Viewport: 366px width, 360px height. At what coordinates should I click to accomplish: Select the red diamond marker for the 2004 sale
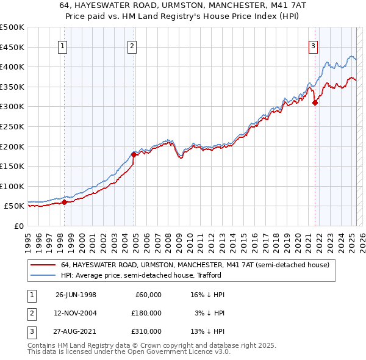134,154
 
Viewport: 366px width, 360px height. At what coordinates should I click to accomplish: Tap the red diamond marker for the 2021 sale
315,103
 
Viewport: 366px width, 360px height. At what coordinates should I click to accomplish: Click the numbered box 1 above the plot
63,45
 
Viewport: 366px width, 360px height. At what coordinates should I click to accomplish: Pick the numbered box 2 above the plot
132,45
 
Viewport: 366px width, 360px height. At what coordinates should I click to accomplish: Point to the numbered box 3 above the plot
313,45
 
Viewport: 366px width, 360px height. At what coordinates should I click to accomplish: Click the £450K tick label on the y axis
12,47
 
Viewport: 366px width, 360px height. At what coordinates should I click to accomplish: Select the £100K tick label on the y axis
12,186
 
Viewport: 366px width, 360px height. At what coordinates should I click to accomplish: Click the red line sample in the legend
43,265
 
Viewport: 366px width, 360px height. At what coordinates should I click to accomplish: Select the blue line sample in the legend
43,275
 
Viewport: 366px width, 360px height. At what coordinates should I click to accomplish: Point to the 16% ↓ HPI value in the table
207,295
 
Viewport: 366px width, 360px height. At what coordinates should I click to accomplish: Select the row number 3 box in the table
30,331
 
